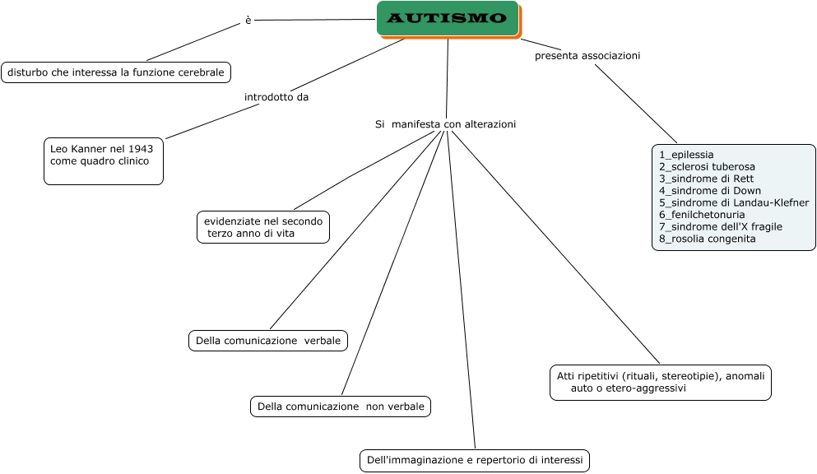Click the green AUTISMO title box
(448, 19)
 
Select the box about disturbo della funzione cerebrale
(116, 72)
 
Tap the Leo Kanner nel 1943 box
(104, 160)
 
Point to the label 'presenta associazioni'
(587, 56)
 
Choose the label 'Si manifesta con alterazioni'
(445, 124)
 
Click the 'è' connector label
(248, 21)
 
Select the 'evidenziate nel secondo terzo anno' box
(263, 227)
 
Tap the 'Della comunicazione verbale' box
(268, 341)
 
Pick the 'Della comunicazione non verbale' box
(341, 407)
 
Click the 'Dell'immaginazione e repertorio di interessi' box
(475, 460)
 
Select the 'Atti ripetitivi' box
(661, 383)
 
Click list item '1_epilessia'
(686, 155)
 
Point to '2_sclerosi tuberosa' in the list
(707, 166)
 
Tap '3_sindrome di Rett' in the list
(706, 179)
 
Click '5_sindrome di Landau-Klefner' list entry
(734, 202)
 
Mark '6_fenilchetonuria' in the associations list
(702, 215)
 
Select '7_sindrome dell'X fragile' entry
(721, 226)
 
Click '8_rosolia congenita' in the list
(707, 239)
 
